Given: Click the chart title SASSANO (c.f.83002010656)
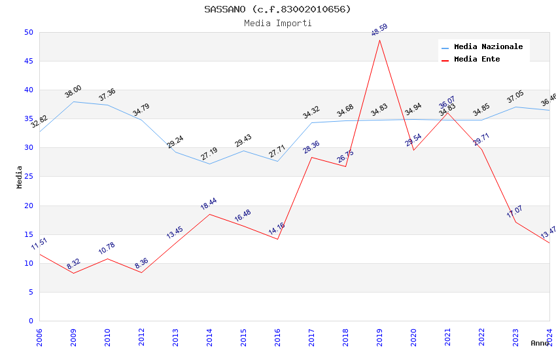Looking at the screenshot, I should [277, 9].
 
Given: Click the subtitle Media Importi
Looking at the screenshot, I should [277, 24].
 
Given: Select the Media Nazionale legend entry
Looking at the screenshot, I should [488, 47].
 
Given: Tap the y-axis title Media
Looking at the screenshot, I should [20, 177].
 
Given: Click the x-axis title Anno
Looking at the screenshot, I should [540, 343].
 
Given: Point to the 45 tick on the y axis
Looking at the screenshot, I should [28, 62].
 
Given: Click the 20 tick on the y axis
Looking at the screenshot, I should [28, 206].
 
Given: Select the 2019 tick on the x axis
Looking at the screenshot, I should [379, 338].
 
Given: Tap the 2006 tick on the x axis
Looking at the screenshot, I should [39, 338].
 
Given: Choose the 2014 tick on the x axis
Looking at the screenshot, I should [209, 338].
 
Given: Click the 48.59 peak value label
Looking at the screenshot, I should [379, 30].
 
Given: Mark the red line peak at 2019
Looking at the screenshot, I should [379, 41].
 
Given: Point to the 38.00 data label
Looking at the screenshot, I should [73, 92].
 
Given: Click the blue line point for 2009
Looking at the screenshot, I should [73, 101].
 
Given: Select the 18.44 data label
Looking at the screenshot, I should [209, 204].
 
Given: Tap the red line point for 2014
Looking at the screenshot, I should [209, 214].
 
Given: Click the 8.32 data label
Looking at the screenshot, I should [73, 264].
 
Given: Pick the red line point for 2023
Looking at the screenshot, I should [515, 222].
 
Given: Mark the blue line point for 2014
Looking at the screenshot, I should [209, 164].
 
